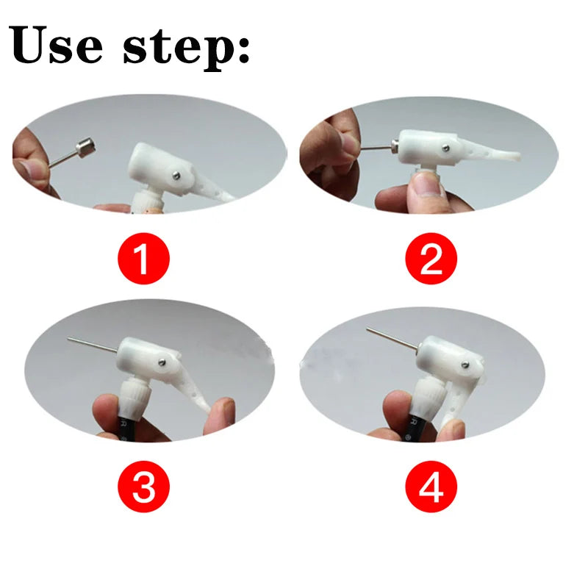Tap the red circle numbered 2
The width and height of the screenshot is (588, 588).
431,258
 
